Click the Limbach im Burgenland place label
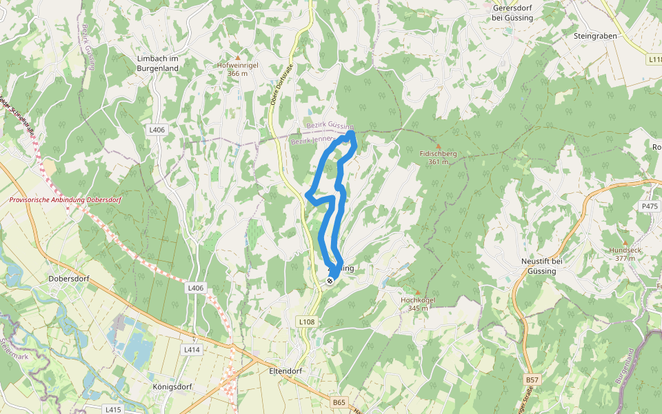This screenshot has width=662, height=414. tap(158, 63)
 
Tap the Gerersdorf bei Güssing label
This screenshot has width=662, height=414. tap(513, 13)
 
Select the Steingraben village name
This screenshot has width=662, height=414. tap(595, 34)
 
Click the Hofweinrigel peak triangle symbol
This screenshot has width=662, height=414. tap(238, 57)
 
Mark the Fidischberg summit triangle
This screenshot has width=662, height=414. tap(438, 146)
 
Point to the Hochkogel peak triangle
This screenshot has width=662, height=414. tap(417, 292)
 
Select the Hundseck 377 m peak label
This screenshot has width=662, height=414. tap(624, 253)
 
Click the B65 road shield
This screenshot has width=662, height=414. tap(338, 402)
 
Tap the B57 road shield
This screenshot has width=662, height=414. tap(532, 380)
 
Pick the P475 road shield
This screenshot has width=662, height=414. tap(650, 206)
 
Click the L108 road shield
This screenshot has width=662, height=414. tap(307, 322)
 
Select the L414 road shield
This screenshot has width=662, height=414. tap(192, 350)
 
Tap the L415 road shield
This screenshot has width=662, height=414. tap(114, 409)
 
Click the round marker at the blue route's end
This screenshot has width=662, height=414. tap(330, 280)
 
